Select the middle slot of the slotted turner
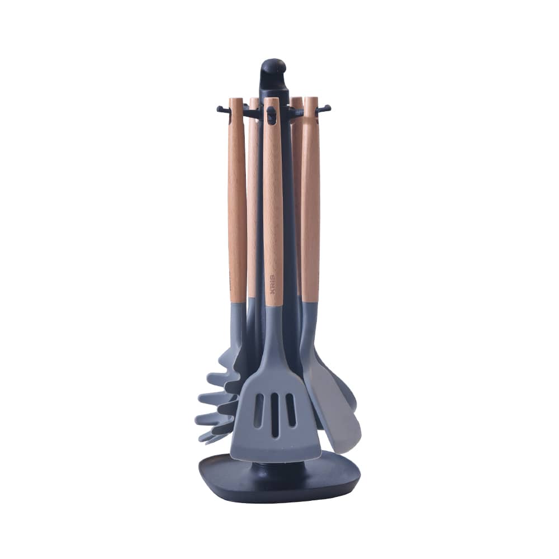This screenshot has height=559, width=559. (274, 414)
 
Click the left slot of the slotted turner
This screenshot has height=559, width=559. (259, 411)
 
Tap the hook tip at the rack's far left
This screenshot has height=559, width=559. (220, 108)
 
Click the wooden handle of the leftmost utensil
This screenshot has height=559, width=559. (236, 201)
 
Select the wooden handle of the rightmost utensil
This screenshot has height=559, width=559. (310, 201)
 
